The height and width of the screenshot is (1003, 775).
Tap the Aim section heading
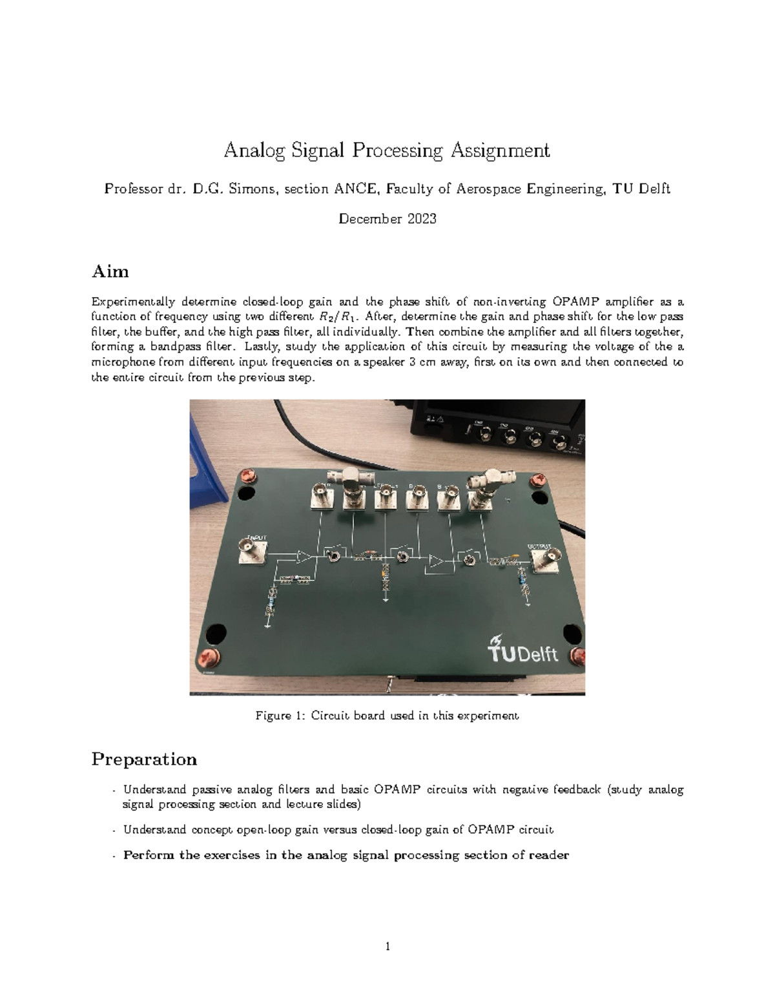tap(110, 271)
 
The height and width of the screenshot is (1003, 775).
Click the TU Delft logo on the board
tap(523, 650)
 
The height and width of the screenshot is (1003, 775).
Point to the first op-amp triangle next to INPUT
tap(303, 556)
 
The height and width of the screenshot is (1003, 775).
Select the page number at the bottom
tap(387, 947)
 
